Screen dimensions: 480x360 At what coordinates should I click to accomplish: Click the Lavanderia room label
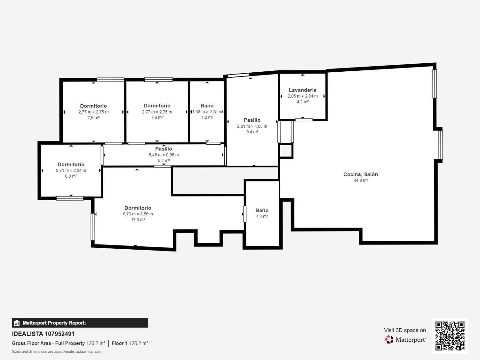(302, 90)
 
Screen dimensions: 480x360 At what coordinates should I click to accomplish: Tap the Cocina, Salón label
(361, 174)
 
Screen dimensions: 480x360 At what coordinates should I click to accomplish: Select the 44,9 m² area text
(361, 180)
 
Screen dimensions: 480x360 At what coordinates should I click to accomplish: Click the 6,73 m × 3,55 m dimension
(138, 214)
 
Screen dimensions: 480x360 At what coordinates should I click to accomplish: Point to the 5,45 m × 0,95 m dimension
(164, 155)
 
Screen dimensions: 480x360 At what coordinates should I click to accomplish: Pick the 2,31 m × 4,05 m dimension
(252, 126)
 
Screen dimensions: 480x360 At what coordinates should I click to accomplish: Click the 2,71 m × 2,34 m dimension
(71, 171)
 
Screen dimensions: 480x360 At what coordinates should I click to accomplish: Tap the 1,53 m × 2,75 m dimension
(207, 112)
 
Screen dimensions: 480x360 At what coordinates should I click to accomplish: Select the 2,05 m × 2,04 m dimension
(303, 96)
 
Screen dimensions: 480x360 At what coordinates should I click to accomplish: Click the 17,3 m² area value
(138, 220)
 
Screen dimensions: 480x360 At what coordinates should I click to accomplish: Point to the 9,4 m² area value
(252, 132)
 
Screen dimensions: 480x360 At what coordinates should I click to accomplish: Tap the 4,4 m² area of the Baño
(262, 216)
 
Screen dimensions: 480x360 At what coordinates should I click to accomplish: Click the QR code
(450, 336)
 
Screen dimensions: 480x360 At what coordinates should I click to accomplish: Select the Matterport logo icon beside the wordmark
(389, 340)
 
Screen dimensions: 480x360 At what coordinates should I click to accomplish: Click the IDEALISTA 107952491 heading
(43, 334)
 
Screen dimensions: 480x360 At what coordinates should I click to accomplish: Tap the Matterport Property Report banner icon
(17, 323)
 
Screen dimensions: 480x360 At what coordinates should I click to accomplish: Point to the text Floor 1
(119, 343)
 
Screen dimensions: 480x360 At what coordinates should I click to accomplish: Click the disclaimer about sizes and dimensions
(56, 352)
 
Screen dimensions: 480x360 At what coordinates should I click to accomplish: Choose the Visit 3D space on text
(405, 330)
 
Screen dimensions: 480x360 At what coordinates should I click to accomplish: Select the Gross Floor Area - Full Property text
(48, 343)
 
